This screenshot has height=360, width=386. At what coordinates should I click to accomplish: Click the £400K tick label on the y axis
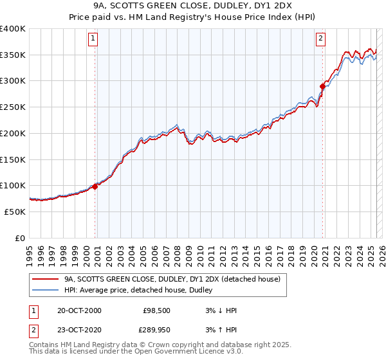click(x=12, y=29)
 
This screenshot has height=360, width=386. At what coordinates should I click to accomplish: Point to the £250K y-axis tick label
click(x=12, y=107)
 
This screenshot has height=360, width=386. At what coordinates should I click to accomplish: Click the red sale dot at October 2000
click(x=95, y=186)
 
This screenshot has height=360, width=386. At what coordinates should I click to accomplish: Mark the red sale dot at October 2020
click(x=322, y=85)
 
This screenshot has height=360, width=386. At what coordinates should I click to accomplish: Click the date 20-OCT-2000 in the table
click(x=79, y=310)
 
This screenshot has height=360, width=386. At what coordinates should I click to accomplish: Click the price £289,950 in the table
click(x=154, y=330)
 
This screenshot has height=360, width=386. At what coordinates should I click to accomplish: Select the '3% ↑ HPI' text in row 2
click(x=221, y=330)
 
